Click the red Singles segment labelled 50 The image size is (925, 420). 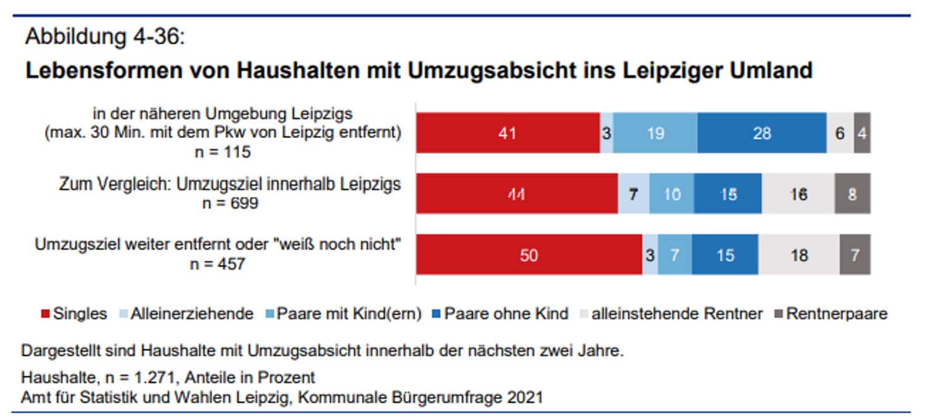528,254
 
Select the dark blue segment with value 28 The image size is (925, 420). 762,133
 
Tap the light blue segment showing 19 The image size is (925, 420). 655,133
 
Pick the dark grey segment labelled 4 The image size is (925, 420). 862,133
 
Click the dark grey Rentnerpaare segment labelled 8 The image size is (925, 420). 852,194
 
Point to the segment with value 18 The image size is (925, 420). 799,254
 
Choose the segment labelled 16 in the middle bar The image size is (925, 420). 798,194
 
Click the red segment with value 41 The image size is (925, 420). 508,133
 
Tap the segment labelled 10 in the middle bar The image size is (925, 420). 671,194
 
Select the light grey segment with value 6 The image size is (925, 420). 841,133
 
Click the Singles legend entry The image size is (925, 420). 74,313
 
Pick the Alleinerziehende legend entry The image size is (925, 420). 185,313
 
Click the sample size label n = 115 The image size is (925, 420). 223,151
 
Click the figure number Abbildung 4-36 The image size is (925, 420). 105,36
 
